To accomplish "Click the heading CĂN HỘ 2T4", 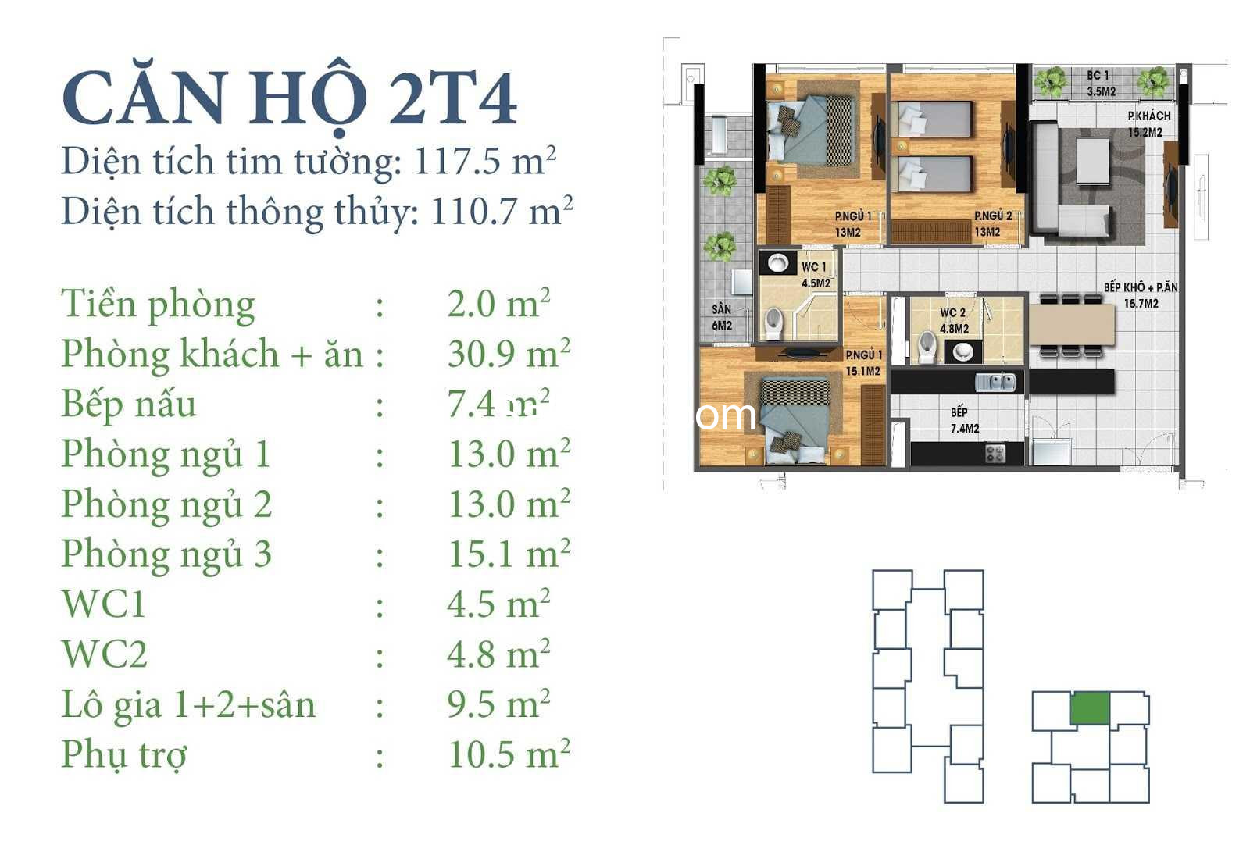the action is (x=289, y=97).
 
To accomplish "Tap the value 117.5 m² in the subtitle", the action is (x=485, y=161).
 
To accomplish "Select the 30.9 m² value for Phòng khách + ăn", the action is (x=509, y=354).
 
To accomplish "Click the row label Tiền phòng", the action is (x=158, y=305).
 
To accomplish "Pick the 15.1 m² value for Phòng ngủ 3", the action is (x=509, y=554).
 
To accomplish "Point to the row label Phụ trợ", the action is (x=124, y=755).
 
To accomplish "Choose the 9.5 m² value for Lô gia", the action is (x=499, y=704).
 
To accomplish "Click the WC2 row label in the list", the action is (x=105, y=654).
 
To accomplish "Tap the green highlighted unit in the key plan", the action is (x=1090, y=708).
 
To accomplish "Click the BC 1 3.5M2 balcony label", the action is (x=1101, y=83).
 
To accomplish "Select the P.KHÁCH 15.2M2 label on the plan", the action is (x=1148, y=124).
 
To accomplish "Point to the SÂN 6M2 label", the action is (x=722, y=317).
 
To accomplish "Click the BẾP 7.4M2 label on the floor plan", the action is (x=965, y=420).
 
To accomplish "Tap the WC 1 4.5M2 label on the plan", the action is (x=816, y=275).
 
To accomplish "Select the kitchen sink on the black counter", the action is (x=995, y=382).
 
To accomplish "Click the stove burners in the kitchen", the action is (x=995, y=452).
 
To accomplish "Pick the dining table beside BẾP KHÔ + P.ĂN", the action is (x=1071, y=325).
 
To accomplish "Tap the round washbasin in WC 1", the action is (x=777, y=262).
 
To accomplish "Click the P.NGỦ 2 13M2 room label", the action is (x=993, y=223).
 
